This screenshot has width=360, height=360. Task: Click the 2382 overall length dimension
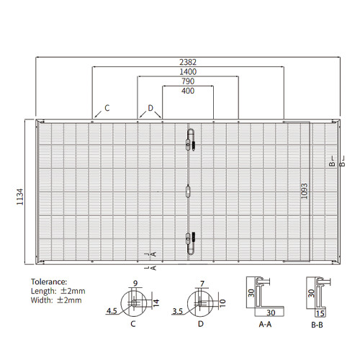pyautogui.click(x=188, y=62)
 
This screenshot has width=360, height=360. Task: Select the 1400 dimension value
pyautogui.click(x=188, y=72)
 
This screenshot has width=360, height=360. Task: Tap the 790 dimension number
pyautogui.click(x=188, y=81)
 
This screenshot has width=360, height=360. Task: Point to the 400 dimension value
pyautogui.click(x=188, y=91)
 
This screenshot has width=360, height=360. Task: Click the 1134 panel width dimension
pyautogui.click(x=20, y=197)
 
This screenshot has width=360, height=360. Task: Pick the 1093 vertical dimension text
pyautogui.click(x=304, y=191)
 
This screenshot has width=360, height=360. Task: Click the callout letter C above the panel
pyautogui.click(x=107, y=108)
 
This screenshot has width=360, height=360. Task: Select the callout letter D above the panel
pyautogui.click(x=150, y=108)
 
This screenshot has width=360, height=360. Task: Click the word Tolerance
pyautogui.click(x=49, y=282)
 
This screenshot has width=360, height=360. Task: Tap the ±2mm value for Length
pyautogui.click(x=73, y=291)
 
